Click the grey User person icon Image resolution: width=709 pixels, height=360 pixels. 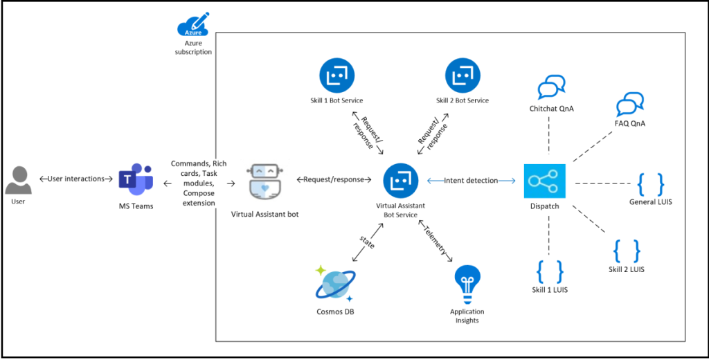[x=19, y=179]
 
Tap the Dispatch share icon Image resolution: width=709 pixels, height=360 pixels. [x=544, y=181]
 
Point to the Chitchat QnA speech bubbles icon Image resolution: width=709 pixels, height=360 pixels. [x=551, y=89]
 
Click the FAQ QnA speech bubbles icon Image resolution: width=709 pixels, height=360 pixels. [x=630, y=105]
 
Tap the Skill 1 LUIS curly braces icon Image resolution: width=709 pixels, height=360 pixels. [x=550, y=270]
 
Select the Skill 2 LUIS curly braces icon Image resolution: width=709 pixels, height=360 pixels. [x=627, y=251]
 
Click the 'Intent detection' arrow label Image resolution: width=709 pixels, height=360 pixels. [x=471, y=181]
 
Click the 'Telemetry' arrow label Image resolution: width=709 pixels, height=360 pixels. [x=435, y=240]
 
